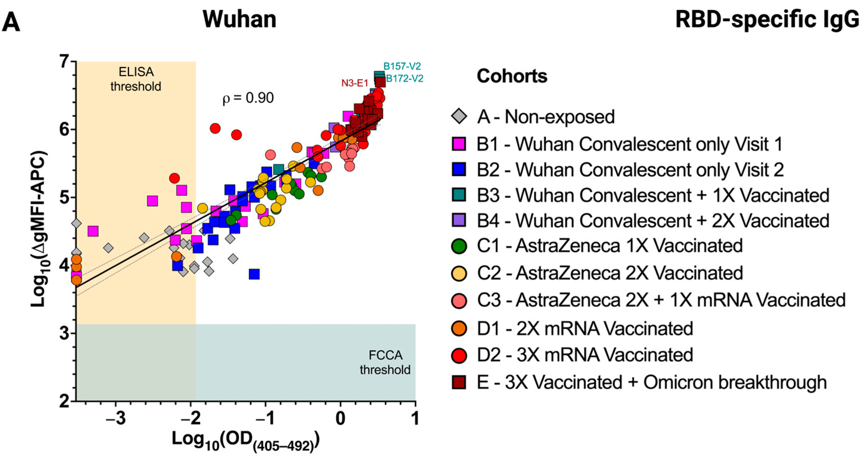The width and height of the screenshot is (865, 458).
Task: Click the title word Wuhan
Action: tap(240, 19)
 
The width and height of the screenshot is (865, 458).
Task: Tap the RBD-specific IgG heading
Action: tap(767, 20)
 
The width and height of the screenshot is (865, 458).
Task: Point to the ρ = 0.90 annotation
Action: tap(248, 98)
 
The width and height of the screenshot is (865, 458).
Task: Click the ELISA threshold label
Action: tap(136, 79)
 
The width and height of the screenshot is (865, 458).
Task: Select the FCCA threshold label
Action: tap(385, 362)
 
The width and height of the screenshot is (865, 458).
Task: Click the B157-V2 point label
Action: tap(402, 66)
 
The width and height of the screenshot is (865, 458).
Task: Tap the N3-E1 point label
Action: tap(355, 83)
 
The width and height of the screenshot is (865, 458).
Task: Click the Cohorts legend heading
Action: tap(512, 76)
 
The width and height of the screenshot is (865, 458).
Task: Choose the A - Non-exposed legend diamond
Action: tap(459, 116)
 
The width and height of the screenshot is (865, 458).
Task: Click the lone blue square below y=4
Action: tap(254, 274)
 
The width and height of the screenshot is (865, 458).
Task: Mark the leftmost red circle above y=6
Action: tap(215, 128)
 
